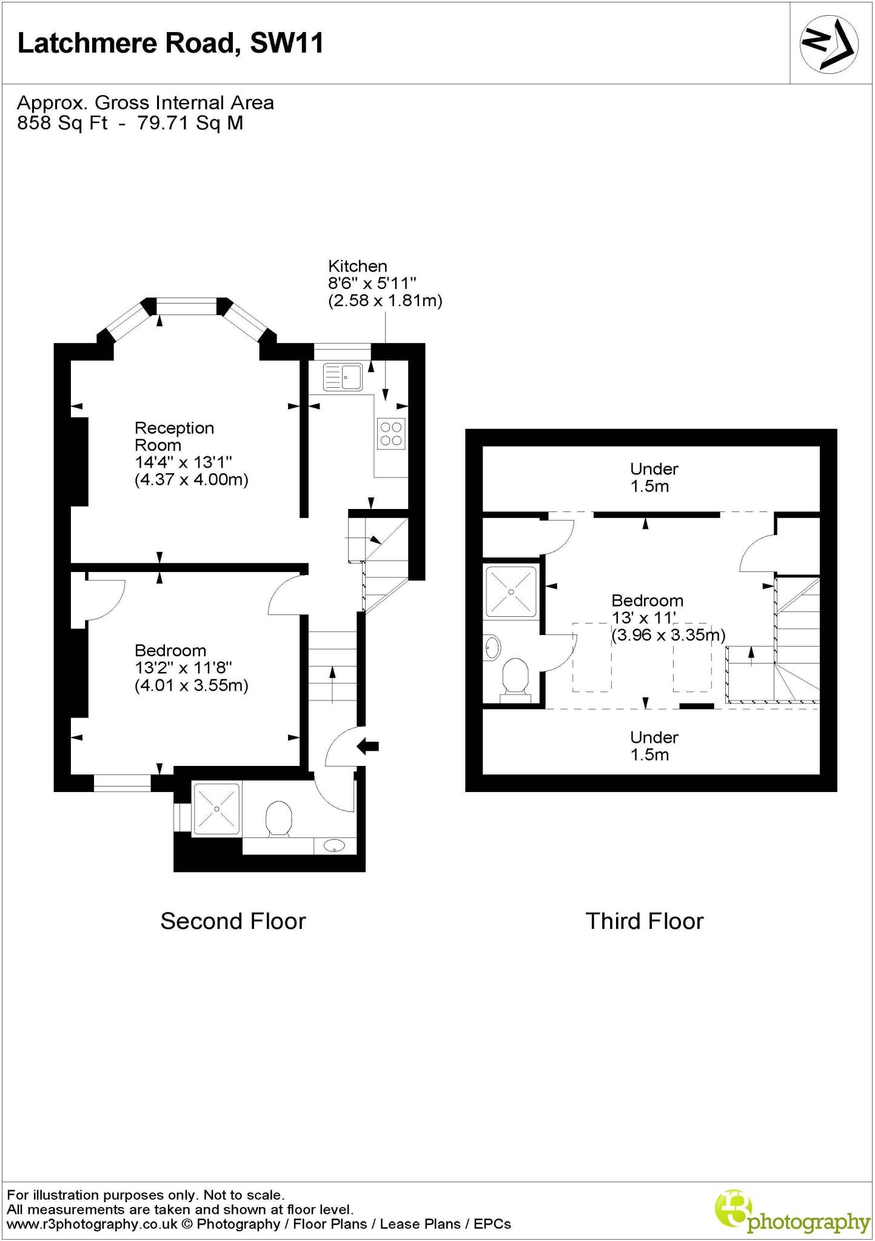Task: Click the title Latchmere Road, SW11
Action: (170, 44)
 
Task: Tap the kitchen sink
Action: (343, 376)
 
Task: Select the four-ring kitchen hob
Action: (391, 433)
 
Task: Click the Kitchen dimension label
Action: (384, 283)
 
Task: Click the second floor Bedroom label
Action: (170, 650)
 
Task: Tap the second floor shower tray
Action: (216, 810)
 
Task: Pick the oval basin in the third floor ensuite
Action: (493, 648)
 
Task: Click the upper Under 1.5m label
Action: (653, 477)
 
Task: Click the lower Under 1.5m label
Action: (653, 745)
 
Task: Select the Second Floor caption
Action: (233, 920)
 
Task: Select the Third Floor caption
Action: (644, 920)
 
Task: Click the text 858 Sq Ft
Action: (62, 123)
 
